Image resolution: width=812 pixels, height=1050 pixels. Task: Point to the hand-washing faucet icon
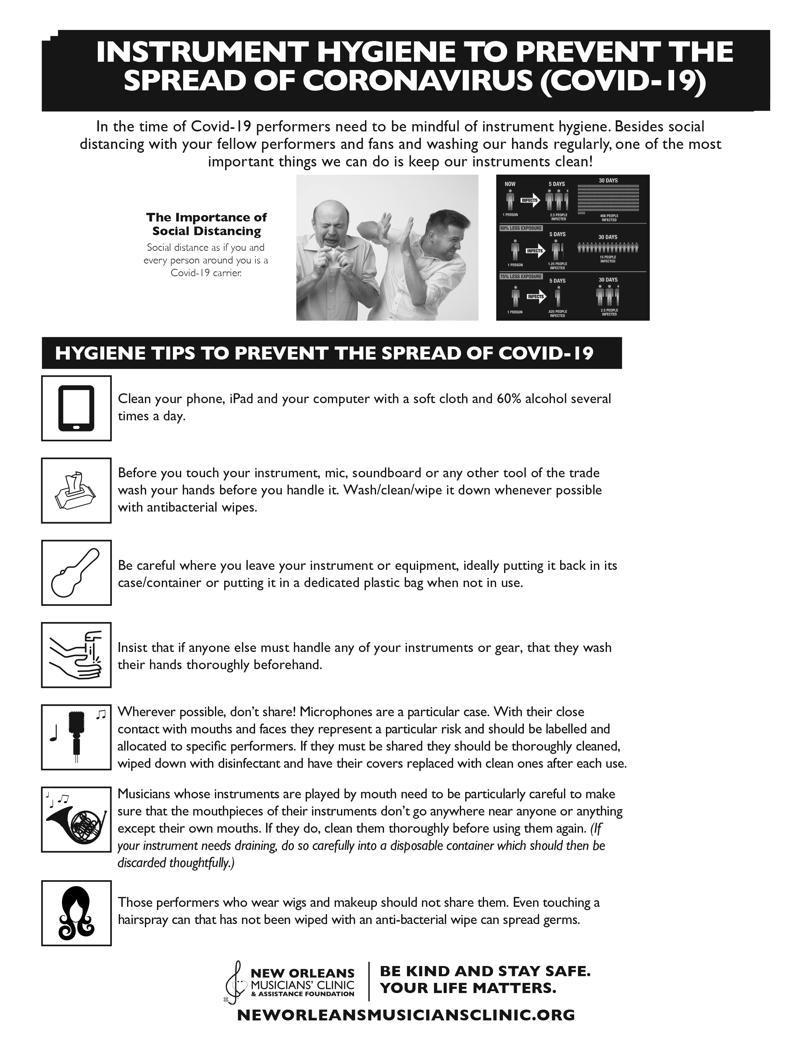click(76, 655)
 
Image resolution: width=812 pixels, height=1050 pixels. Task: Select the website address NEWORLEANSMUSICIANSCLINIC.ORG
click(406, 1015)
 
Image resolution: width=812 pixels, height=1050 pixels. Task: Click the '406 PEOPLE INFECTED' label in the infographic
click(609, 218)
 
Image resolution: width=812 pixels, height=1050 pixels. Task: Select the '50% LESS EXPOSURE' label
click(521, 228)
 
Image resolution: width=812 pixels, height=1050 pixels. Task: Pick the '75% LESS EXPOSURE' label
click(521, 276)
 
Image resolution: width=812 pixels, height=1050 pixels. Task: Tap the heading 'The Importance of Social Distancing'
click(206, 224)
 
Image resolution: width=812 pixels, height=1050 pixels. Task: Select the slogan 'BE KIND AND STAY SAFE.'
click(485, 971)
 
